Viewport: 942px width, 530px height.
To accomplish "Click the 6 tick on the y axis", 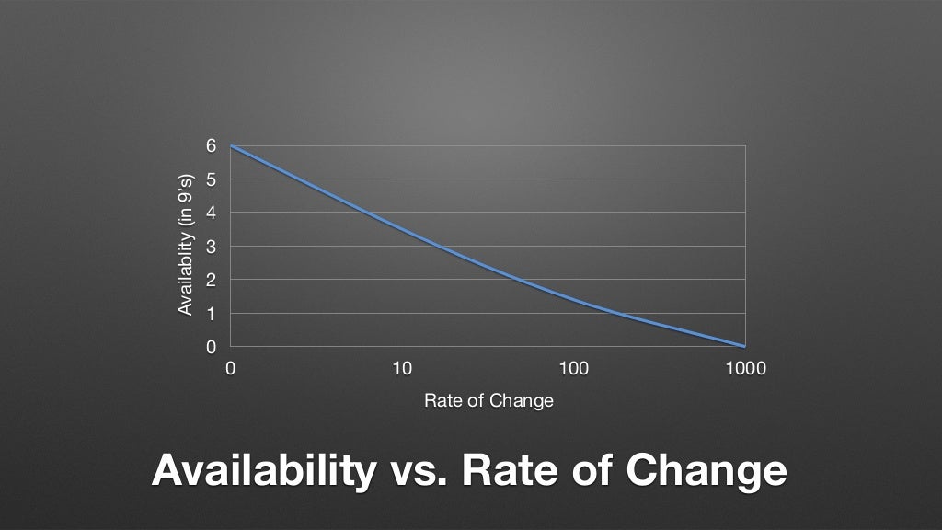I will point(211,146).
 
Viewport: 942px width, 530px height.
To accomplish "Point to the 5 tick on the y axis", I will point(211,179).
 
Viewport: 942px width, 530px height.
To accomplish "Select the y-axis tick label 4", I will point(211,213).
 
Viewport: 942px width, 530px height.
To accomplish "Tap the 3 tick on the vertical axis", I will point(211,247).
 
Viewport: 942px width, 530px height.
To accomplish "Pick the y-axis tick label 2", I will point(211,280).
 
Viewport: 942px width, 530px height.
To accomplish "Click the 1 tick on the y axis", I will point(211,314).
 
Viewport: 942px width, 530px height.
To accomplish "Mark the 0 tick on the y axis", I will point(211,347).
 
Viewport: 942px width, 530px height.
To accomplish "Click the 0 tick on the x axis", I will point(230,368).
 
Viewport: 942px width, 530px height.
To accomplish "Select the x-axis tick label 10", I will point(402,368).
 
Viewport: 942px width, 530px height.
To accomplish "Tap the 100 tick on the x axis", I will point(573,368).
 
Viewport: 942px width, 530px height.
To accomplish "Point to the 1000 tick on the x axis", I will point(745,368).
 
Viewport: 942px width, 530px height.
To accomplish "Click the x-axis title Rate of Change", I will point(488,401).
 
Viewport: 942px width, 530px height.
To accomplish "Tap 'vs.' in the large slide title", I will point(419,471).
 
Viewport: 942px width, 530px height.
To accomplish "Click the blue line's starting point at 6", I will point(231,146).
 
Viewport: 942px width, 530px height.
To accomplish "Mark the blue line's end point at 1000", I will point(745,346).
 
